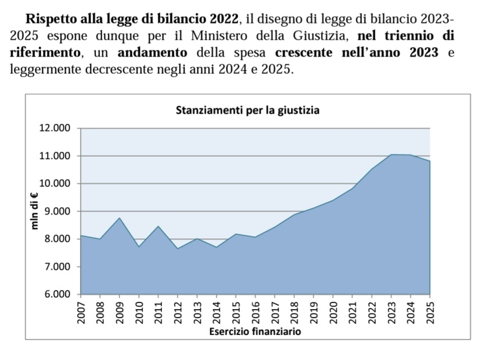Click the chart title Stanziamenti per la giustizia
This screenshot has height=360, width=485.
[x=247, y=110]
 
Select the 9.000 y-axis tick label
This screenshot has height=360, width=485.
[x=56, y=211]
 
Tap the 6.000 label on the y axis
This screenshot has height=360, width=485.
[x=56, y=294]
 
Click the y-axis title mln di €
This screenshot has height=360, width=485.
[x=35, y=211]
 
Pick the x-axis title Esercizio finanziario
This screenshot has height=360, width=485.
[x=255, y=331]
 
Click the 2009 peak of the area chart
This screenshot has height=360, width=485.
[x=119, y=218]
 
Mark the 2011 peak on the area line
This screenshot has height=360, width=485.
[x=158, y=226]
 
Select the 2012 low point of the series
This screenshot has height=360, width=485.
[x=178, y=249]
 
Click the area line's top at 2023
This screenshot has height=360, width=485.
[x=392, y=155]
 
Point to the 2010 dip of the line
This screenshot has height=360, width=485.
[x=139, y=247]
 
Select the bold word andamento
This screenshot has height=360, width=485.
[x=153, y=54]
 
